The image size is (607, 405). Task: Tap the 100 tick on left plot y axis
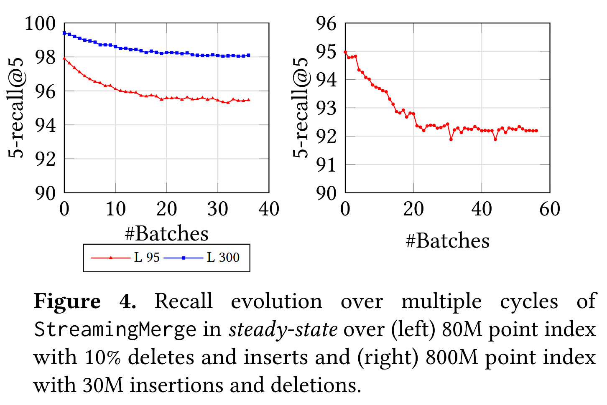[40, 23]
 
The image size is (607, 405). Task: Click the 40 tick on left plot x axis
[269, 209]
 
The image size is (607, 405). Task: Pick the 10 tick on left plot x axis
[115, 209]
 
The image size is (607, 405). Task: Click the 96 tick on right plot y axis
[326, 23]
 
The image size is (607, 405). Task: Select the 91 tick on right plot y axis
[326, 165]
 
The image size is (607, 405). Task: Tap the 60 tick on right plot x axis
[550, 209]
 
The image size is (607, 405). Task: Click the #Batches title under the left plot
[166, 233]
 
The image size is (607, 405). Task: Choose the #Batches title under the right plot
[447, 241]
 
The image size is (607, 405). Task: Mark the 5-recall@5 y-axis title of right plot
[300, 108]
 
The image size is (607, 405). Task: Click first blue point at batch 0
[64, 33]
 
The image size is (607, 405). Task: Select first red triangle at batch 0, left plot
[64, 58]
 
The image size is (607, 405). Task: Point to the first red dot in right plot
[345, 52]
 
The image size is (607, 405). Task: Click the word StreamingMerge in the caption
[115, 330]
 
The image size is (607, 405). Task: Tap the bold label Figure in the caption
[67, 301]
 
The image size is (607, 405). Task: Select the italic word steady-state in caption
[283, 330]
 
